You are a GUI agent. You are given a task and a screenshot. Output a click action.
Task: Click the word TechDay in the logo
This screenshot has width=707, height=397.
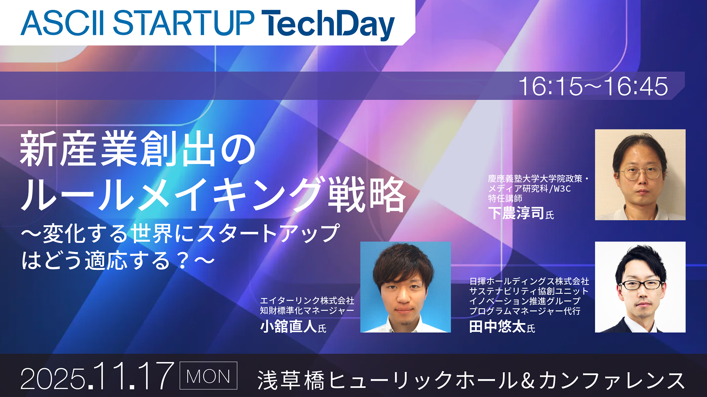click(328, 24)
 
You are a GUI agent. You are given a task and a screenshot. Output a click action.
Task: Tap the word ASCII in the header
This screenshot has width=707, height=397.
click(63, 23)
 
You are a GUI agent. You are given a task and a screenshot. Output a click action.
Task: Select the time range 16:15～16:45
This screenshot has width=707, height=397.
click(593, 87)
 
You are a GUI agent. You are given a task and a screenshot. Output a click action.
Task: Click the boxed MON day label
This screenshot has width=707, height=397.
click(208, 376)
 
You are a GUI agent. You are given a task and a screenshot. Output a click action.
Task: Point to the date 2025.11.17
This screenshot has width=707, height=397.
click(97, 376)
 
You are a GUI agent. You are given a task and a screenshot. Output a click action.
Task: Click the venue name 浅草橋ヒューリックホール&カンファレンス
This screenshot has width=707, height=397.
click(471, 380)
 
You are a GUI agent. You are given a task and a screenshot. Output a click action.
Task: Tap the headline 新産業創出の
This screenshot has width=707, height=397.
click(137, 149)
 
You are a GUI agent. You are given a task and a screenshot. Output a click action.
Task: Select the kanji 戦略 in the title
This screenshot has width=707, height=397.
click(367, 194)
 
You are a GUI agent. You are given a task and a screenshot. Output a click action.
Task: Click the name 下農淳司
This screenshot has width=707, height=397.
click(516, 213)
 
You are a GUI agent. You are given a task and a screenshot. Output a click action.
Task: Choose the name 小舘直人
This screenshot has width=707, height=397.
click(288, 326)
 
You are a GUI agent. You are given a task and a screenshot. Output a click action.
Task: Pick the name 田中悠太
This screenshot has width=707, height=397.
click(497, 326)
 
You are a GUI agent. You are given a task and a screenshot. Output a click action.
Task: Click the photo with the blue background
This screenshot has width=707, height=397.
click(405, 287)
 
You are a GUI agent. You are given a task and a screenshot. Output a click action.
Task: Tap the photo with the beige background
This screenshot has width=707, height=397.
click(640, 175)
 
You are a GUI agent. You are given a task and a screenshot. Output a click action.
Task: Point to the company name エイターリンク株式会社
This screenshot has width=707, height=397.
click(307, 301)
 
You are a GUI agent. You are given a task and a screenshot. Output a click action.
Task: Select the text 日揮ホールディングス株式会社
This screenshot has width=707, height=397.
click(529, 281)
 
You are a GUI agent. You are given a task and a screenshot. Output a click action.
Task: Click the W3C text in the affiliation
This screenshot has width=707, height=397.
click(562, 189)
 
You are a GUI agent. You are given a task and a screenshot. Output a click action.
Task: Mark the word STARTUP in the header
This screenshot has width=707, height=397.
click(183, 23)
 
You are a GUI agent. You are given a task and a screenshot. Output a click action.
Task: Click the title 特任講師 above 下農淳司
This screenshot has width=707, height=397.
click(505, 198)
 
